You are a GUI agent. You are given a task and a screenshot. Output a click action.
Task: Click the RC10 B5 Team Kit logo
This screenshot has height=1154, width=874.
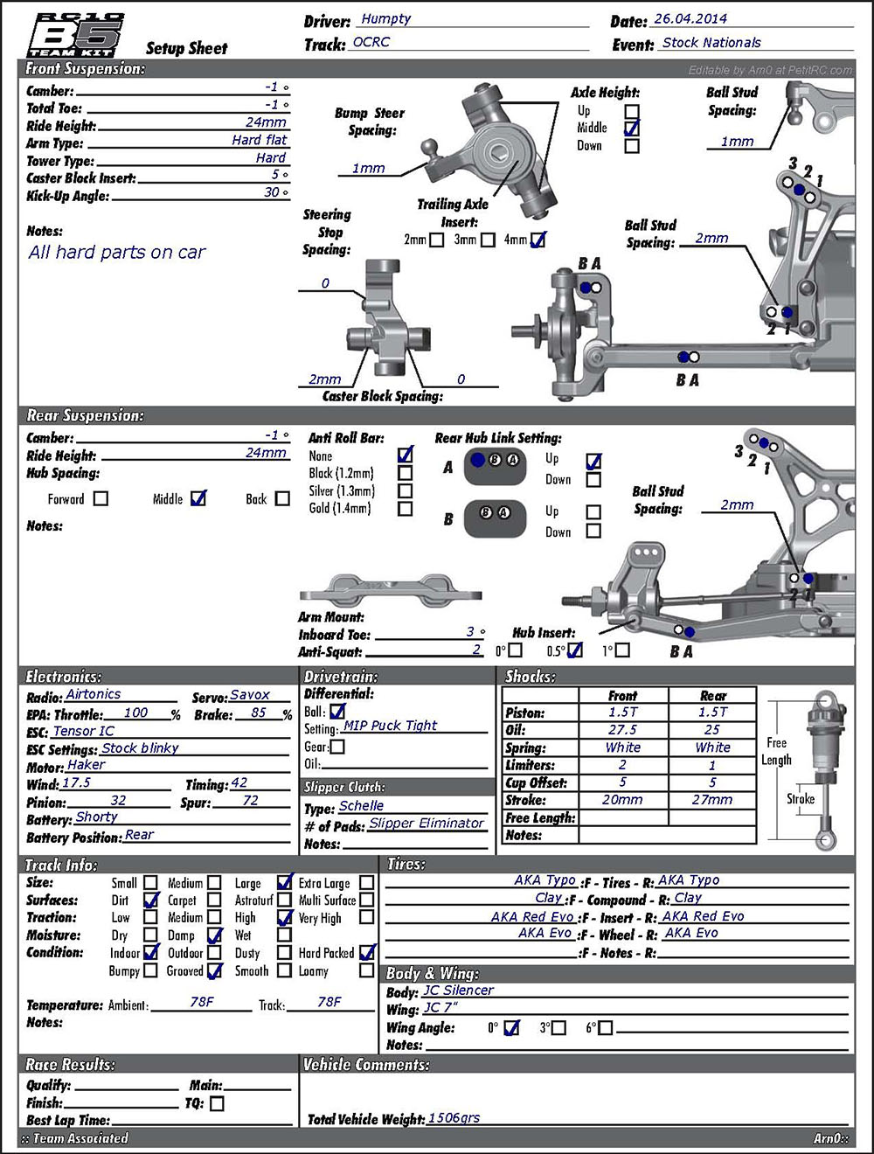click(77, 35)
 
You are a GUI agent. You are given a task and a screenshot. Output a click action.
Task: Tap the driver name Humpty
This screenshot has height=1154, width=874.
click(385, 19)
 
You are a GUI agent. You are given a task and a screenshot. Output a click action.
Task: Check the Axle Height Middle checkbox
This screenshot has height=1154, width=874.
click(632, 129)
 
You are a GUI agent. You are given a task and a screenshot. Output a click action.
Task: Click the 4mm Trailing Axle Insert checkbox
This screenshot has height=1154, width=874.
click(538, 240)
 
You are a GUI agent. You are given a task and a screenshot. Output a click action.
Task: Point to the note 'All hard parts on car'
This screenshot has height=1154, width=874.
click(117, 253)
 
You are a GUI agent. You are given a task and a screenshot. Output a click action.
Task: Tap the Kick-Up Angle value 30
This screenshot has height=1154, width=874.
click(273, 192)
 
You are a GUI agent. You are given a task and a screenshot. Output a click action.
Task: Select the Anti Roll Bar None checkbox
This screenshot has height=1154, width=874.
click(406, 455)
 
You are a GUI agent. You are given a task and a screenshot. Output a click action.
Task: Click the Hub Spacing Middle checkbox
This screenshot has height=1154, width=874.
click(198, 498)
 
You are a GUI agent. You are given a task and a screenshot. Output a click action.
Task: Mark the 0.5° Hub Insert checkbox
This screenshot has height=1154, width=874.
click(574, 650)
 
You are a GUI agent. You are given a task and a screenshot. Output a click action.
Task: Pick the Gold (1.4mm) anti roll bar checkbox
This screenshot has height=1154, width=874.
click(406, 508)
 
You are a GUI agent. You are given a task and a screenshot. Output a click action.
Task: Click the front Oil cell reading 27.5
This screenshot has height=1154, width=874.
click(622, 730)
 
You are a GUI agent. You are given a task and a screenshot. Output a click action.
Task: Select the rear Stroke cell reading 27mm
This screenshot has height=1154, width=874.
click(712, 800)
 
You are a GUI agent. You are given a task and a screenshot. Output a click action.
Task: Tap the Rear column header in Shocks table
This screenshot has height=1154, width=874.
click(712, 696)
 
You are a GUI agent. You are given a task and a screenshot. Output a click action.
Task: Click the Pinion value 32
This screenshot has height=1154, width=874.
click(118, 800)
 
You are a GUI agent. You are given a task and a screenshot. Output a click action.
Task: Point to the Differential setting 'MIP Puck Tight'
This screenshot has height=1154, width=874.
click(390, 726)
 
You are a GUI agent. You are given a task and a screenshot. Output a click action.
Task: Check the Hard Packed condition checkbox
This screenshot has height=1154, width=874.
click(367, 953)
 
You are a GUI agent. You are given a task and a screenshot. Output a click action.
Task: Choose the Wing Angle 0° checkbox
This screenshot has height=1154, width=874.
click(512, 1028)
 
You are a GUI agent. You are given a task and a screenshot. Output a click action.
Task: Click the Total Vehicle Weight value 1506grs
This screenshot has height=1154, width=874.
click(454, 1118)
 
